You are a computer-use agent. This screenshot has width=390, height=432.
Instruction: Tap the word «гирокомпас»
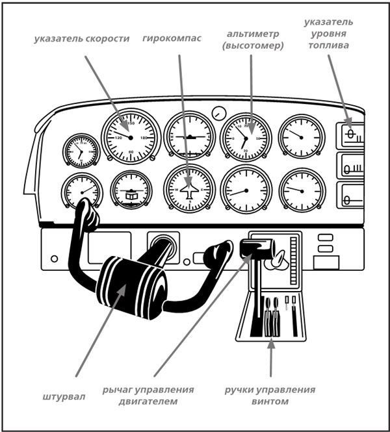[x=172, y=38]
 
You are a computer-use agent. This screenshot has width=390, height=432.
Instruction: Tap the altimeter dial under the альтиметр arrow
[x=245, y=138]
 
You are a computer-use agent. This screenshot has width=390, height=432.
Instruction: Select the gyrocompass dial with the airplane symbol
[x=189, y=189]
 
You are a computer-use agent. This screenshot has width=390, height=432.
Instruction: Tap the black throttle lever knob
[x=255, y=248]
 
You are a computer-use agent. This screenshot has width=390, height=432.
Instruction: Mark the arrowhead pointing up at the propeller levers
[x=271, y=342]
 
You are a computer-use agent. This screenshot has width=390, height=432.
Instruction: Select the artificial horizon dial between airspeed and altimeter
[x=190, y=136]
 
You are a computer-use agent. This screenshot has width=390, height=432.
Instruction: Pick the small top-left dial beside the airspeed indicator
[x=81, y=151]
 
